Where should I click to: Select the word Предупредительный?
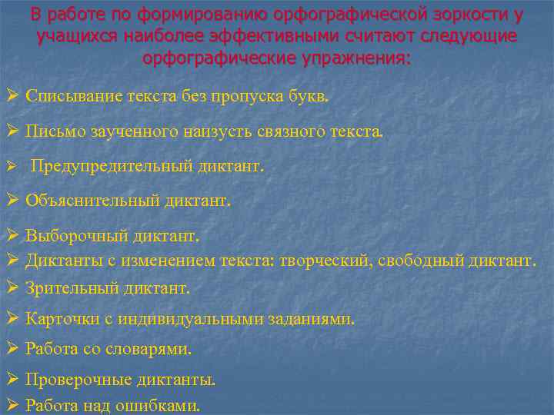(x=102, y=165)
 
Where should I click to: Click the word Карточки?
(x=61, y=318)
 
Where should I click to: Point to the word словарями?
(x=153, y=349)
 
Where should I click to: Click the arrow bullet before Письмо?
(x=12, y=131)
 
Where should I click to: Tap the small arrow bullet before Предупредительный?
(x=12, y=166)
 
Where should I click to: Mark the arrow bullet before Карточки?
(x=12, y=318)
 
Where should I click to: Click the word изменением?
(x=162, y=261)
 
